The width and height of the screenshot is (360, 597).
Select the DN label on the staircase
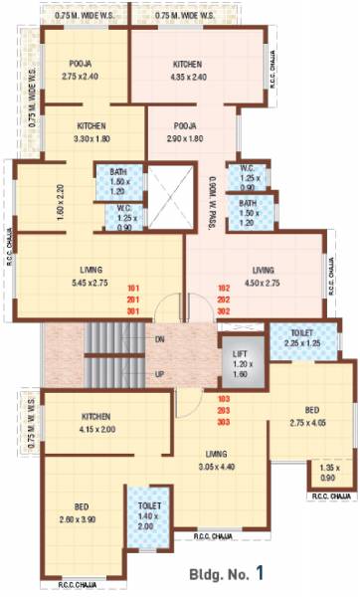pos(160,339)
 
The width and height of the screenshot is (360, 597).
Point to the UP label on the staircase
pos(160,374)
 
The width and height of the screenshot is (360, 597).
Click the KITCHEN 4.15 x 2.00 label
pos(95,422)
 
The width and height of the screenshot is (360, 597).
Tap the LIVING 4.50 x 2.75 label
pos(263,276)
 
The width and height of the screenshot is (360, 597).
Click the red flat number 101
pos(132,290)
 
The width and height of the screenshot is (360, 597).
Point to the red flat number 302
pos(225,310)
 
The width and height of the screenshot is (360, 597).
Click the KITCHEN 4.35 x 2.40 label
pos(188,70)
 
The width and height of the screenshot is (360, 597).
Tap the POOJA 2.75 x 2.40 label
pos(76,70)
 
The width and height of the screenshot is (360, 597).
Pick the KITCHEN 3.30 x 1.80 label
pos(97,133)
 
